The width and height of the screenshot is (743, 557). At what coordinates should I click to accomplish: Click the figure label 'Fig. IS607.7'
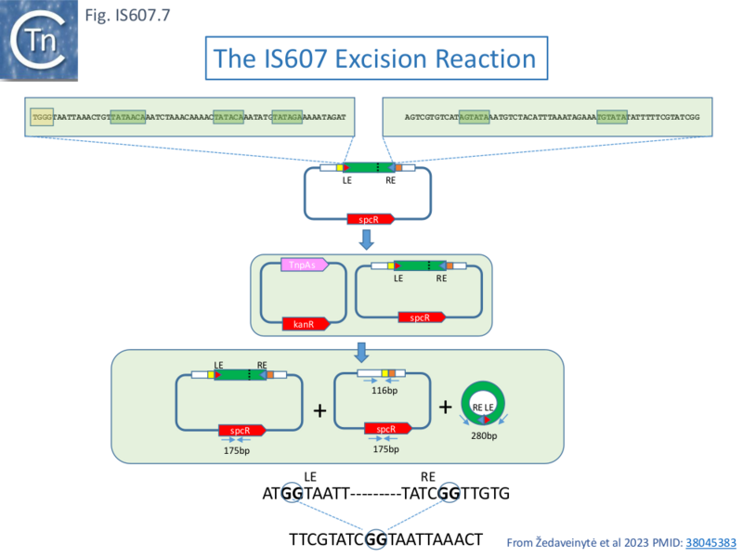[127, 15]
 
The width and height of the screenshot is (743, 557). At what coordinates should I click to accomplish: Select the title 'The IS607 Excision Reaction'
[374, 59]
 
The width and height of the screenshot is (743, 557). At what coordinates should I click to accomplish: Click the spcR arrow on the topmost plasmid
[371, 220]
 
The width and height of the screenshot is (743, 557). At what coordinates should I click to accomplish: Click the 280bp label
[484, 436]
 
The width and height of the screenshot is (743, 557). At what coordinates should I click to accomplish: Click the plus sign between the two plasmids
[320, 409]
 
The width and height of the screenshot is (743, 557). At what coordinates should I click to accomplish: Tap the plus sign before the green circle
[445, 407]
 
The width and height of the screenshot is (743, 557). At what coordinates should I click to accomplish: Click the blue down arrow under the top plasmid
[368, 240]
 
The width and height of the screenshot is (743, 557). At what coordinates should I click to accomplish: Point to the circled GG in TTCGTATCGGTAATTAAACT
[376, 538]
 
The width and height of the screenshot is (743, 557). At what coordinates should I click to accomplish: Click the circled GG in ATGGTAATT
[292, 493]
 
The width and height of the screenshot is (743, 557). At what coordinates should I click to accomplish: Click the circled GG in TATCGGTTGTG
[450, 493]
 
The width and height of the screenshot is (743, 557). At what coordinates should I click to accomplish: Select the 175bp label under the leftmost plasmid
[238, 450]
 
